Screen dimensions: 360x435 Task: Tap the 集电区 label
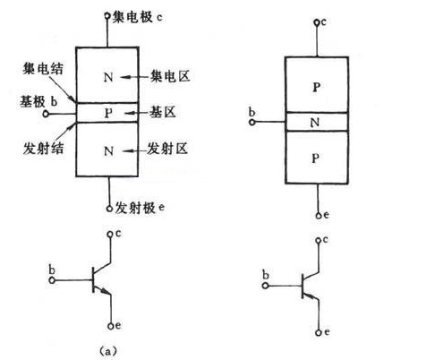pos(166,78)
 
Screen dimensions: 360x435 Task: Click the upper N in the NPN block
pos(108,78)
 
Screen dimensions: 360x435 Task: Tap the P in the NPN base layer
pos(108,113)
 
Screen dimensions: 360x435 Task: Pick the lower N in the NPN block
pos(108,150)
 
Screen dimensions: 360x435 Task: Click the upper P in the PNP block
pos(316,86)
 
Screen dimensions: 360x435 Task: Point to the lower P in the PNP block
pos(316,159)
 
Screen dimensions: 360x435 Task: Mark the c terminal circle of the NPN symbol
pos(110,235)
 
